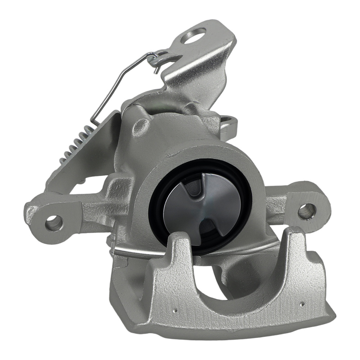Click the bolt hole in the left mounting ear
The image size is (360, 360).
pos(54,222)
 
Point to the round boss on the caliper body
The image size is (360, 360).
pos(140,127)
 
